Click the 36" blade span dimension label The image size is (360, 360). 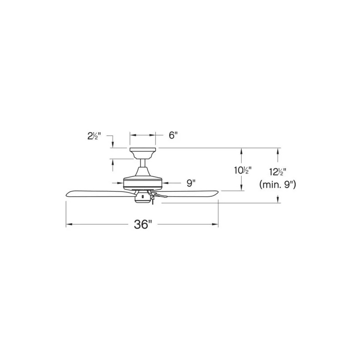[143, 224]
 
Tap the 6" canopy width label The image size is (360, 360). [173, 135]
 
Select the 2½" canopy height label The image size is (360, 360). [94, 136]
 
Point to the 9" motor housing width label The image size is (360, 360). [191, 183]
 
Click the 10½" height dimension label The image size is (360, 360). [243, 171]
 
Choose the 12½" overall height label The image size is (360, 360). [278, 172]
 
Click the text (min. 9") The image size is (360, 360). [278, 184]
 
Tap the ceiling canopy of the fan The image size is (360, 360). [143, 153]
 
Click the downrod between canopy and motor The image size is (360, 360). [143, 163]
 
